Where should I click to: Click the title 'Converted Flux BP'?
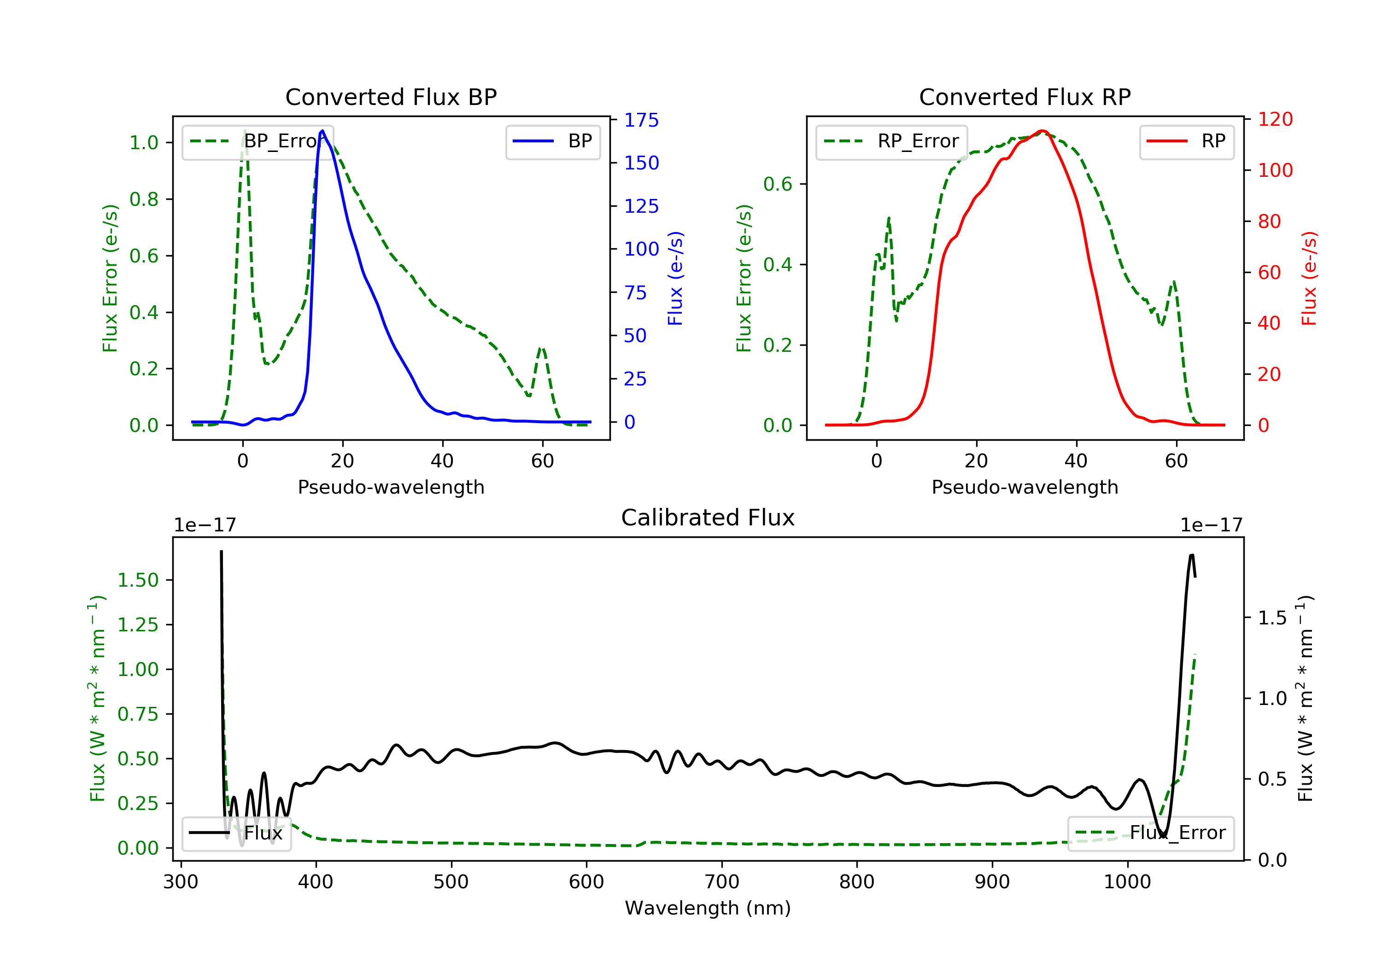pyautogui.click(x=391, y=97)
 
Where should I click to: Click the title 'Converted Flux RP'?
pyautogui.click(x=1025, y=97)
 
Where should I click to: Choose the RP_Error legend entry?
pyautogui.click(x=891, y=141)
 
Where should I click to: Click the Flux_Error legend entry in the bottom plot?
pyautogui.click(x=1150, y=833)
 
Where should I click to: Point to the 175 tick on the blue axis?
pyautogui.click(x=641, y=120)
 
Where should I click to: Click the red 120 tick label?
pyautogui.click(x=1275, y=119)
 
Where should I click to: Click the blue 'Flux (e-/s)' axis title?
pyautogui.click(x=675, y=279)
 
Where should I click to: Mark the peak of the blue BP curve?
pyautogui.click(x=322, y=131)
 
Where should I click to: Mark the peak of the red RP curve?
pyautogui.click(x=1042, y=131)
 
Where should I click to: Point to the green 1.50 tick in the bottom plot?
pyautogui.click(x=137, y=580)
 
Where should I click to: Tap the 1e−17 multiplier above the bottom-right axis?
pyautogui.click(x=1211, y=525)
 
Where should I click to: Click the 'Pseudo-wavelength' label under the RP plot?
pyautogui.click(x=1025, y=487)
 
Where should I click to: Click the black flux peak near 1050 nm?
pyautogui.click(x=1192, y=555)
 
